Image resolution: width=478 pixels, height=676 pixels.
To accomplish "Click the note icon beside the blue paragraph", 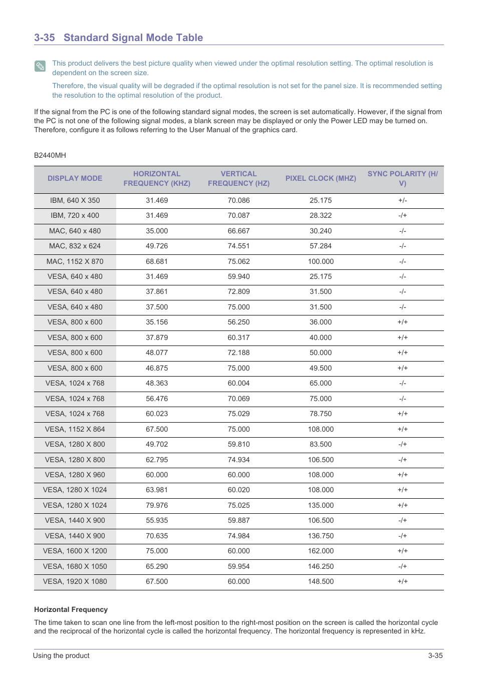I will coord(40,66).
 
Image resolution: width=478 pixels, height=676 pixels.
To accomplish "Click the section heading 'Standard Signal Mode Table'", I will coord(133,38).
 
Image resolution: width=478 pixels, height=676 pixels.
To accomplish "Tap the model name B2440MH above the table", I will coord(50,155).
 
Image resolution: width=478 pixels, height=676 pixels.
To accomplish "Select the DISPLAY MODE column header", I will coord(75,178).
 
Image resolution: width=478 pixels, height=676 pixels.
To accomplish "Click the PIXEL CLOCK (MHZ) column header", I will coord(321,178).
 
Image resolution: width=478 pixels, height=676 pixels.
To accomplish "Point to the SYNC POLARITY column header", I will coord(402,178).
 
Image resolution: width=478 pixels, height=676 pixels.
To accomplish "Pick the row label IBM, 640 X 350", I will coord(75,200).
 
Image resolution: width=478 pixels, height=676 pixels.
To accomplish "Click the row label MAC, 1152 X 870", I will coord(75,261).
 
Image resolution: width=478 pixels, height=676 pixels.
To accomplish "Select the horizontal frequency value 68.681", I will coord(157,261).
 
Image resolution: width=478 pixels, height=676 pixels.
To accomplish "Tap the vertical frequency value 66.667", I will coord(238,231).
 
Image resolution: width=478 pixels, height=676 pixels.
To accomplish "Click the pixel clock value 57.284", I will coord(321,246).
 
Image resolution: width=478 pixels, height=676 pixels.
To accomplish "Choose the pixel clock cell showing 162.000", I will coord(321,551).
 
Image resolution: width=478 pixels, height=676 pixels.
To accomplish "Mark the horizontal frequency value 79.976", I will coord(157,505).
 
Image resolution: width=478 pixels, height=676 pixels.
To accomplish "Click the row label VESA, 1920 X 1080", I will coord(75,581).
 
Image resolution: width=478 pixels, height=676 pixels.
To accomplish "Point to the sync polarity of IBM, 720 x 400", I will coord(402,215).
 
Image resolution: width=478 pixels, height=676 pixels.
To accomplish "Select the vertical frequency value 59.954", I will coord(238,566).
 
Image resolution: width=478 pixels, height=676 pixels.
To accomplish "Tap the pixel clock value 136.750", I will coord(321,536).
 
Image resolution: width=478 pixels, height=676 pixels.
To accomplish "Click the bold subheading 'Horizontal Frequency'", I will coord(71,609).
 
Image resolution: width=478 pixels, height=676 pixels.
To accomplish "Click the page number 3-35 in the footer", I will coord(435,655).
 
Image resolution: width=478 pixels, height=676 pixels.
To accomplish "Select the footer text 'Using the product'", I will coord(61,655).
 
